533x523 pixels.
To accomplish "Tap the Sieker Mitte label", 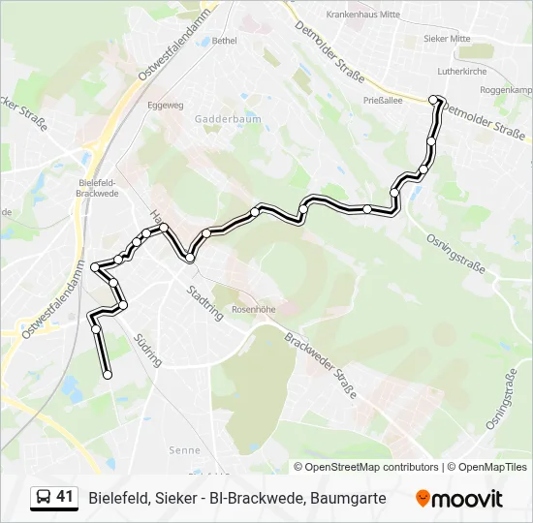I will click(x=447, y=39).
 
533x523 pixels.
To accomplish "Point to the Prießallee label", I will click(x=382, y=100).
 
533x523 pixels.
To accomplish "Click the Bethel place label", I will click(x=224, y=41).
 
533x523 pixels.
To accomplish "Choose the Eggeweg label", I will click(x=164, y=104).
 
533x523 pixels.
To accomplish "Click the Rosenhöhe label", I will click(x=254, y=310).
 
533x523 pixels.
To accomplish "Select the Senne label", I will click(x=184, y=450).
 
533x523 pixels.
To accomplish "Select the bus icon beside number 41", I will click(x=44, y=498).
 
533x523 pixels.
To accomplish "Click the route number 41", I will click(x=65, y=497).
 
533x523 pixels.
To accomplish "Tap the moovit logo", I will click(x=459, y=499).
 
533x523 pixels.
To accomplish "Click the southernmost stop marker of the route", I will click(x=107, y=375).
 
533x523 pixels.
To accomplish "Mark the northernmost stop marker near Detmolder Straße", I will click(x=433, y=99).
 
